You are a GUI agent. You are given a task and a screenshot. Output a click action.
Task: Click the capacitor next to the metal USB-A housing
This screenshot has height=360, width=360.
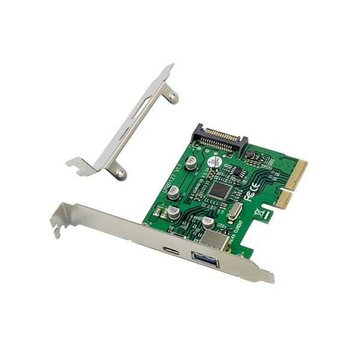point(208,221)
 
